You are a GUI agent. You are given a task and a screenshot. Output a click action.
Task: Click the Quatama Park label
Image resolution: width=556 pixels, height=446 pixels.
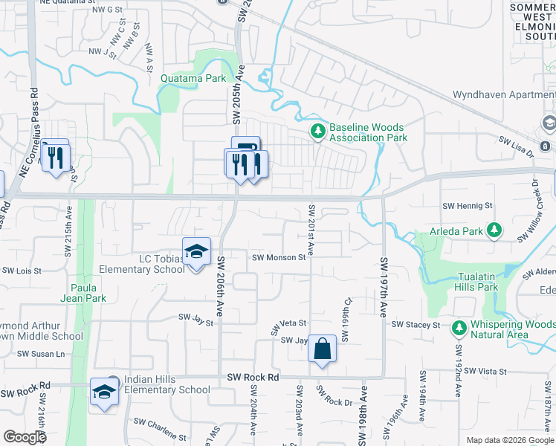pyautogui.click(x=194, y=78)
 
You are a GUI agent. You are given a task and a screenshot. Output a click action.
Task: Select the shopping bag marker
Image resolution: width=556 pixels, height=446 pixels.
pyautogui.click(x=323, y=349)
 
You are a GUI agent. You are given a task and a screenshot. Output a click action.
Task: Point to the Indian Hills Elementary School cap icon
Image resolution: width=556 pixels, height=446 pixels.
pyautogui.click(x=104, y=392)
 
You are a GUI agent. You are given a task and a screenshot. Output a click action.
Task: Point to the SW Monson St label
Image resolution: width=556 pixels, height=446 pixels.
pyautogui.click(x=279, y=258)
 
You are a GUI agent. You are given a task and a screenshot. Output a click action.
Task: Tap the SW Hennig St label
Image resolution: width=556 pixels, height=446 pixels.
pyautogui.click(x=468, y=205)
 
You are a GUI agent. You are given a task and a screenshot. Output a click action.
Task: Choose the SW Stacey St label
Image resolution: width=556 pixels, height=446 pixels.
pyautogui.click(x=416, y=325)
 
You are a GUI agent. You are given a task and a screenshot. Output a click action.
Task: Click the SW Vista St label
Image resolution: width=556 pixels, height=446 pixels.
pyautogui.click(x=482, y=371)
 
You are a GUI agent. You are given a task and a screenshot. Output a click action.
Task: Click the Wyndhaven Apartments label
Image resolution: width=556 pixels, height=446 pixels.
pyautogui.click(x=504, y=96)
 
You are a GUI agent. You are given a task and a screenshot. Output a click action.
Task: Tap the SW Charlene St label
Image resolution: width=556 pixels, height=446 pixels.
pyautogui.click(x=160, y=429)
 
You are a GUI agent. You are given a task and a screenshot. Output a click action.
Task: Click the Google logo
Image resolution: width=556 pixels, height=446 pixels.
pyautogui.click(x=25, y=437)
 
